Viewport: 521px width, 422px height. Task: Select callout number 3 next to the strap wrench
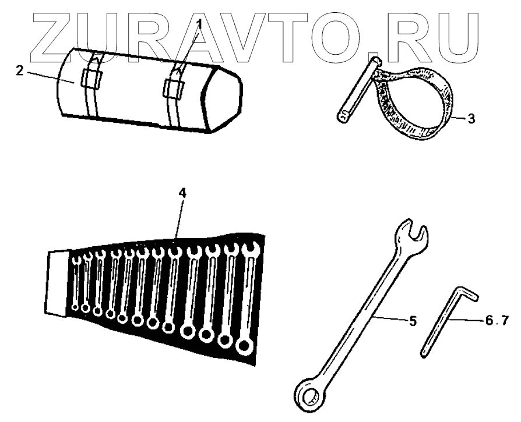(471, 118)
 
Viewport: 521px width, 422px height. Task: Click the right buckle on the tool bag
(173, 87)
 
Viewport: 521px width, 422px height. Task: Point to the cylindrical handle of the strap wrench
(358, 88)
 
